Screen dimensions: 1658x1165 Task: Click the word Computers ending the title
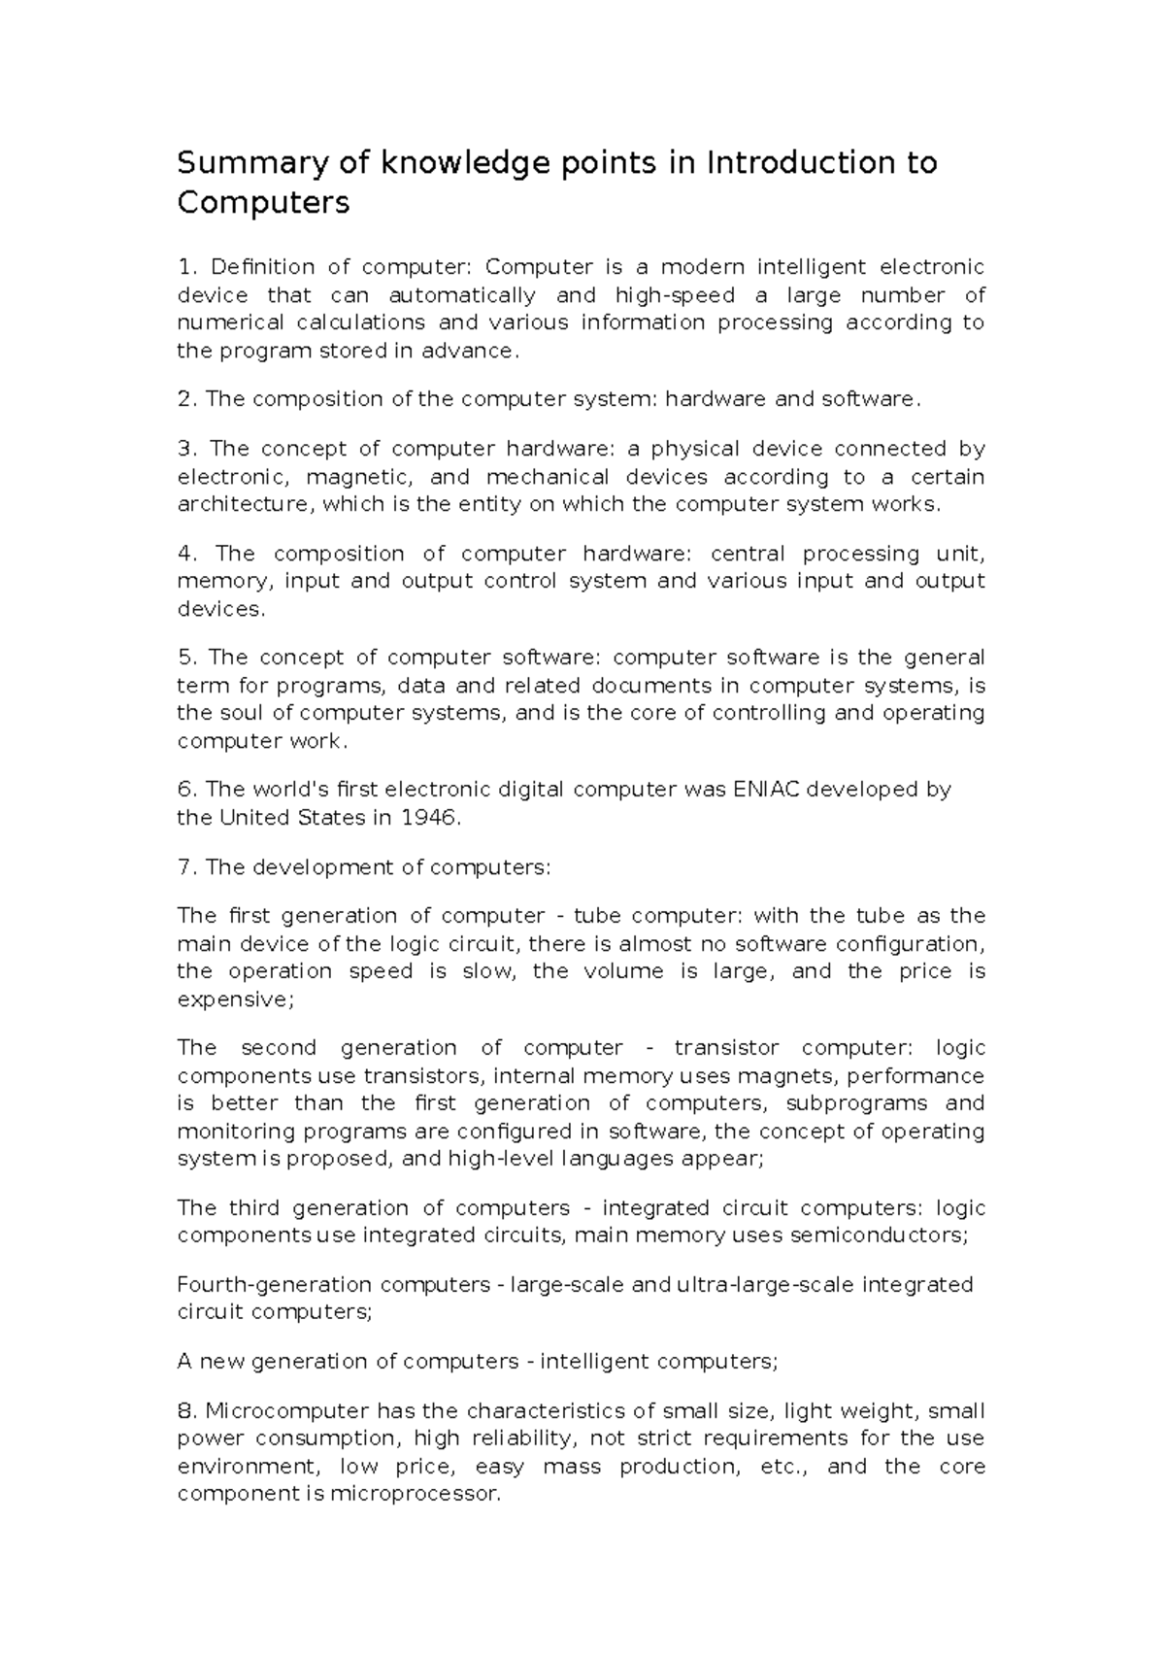(x=262, y=204)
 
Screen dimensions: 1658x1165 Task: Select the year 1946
(x=427, y=818)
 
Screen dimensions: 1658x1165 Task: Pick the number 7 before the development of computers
(x=185, y=867)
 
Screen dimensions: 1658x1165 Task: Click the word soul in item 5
(x=255, y=713)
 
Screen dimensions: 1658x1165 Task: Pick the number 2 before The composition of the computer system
(x=185, y=399)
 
